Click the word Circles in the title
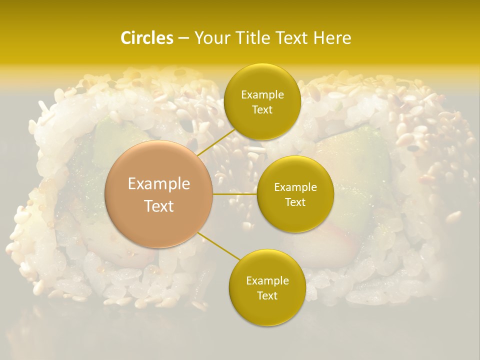coord(147,38)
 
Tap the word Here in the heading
coord(332,38)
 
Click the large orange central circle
coord(159,194)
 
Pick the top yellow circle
coord(262,102)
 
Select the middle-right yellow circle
coord(295,194)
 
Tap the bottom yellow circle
coord(267,287)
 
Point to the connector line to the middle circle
coord(235,193)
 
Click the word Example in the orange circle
coord(159,184)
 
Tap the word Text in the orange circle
coord(159,206)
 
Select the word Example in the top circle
coord(262,95)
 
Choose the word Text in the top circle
coord(262,109)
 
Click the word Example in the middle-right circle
coord(295,187)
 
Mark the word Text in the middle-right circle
coord(295,202)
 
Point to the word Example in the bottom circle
coord(267,281)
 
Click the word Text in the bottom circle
coord(267,295)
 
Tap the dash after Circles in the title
coord(183,38)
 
